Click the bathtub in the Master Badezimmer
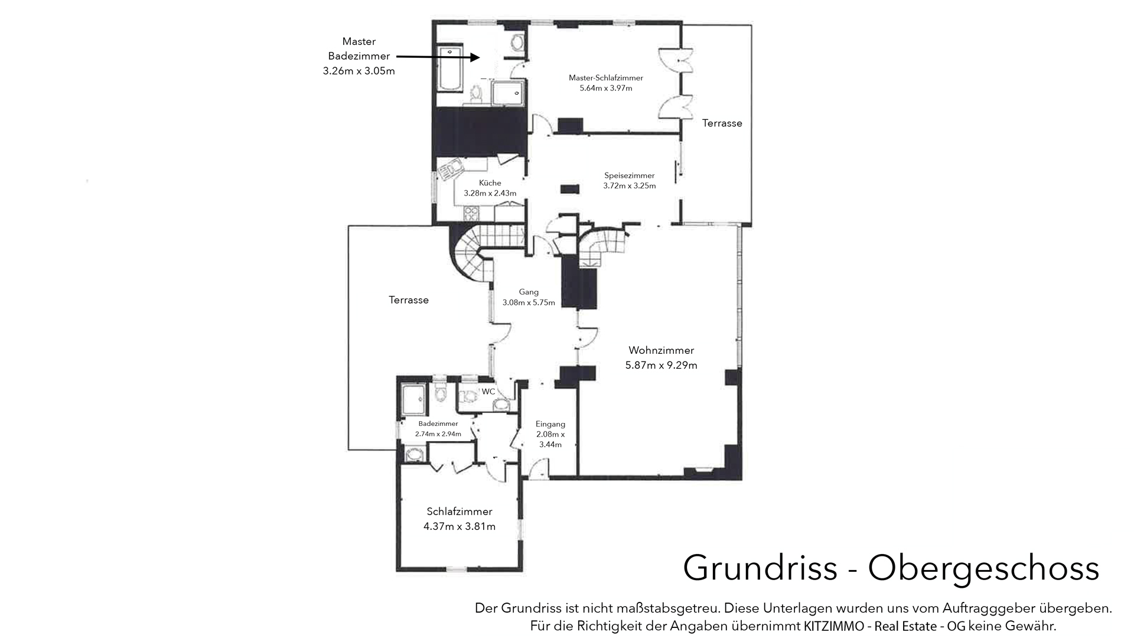[x=449, y=70]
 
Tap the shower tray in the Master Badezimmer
[x=507, y=93]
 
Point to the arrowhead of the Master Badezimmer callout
[x=475, y=57]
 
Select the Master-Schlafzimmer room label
[x=606, y=78]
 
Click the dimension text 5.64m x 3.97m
[x=606, y=89]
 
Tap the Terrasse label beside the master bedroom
[x=722, y=123]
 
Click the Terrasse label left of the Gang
[x=409, y=300]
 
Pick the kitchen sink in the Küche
[x=450, y=169]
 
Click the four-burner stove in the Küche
[x=471, y=213]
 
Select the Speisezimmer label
[x=630, y=175]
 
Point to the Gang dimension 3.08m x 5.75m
[x=529, y=302]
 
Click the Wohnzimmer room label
[x=661, y=350]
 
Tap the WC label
[x=488, y=392]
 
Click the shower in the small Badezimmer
[x=413, y=401]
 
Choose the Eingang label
[x=550, y=424]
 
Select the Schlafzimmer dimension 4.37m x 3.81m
[x=460, y=526]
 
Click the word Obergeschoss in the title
[x=983, y=568]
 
